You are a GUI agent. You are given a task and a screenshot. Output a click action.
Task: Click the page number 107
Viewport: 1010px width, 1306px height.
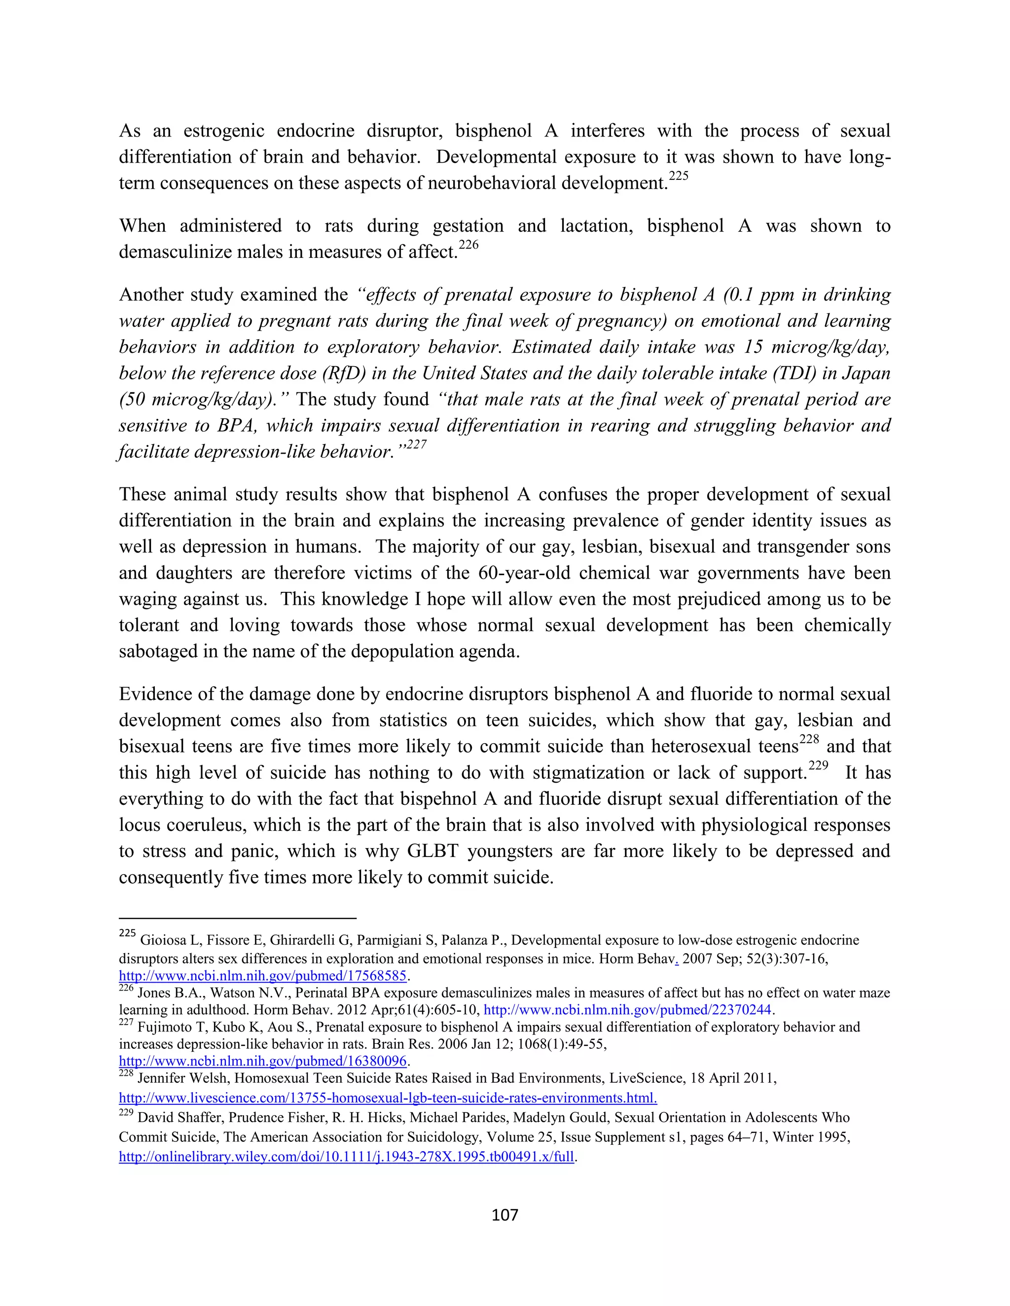click(505, 1214)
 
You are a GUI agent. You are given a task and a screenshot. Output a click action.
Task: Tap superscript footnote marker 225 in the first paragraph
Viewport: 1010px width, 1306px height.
click(679, 176)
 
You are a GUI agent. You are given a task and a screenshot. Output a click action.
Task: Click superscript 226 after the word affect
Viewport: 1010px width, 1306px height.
click(469, 245)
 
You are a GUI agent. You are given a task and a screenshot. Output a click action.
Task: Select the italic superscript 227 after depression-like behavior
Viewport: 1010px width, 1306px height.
click(416, 445)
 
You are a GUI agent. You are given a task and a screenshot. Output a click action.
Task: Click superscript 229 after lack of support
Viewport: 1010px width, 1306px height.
click(818, 766)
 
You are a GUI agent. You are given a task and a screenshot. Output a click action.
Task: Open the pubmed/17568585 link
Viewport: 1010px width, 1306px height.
click(263, 975)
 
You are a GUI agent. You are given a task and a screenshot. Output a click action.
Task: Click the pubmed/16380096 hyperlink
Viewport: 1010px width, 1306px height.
click(263, 1062)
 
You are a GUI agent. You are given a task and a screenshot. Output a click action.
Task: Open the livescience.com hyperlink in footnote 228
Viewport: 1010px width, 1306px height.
click(388, 1098)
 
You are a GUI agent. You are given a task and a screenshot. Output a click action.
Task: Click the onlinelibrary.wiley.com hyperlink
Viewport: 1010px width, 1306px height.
click(346, 1157)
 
